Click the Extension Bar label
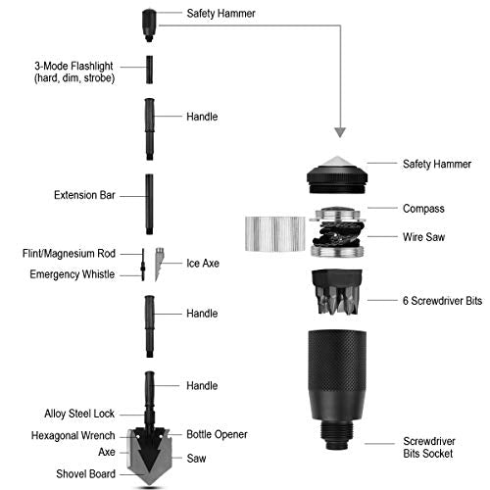[84, 195]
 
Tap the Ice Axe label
[203, 263]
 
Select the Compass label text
[423, 209]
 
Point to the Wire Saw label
[423, 237]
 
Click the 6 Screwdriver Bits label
[442, 301]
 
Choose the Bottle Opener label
[217, 434]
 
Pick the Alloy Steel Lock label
[79, 414]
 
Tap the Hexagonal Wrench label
[73, 435]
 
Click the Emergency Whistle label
[73, 274]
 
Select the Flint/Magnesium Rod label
[69, 254]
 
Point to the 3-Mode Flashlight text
[73, 66]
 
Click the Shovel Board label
[85, 473]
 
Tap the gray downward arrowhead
[340, 131]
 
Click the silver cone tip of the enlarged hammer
[337, 162]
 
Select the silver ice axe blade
[159, 264]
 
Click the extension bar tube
[149, 204]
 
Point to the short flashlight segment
[149, 70]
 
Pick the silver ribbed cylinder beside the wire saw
[275, 234]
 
